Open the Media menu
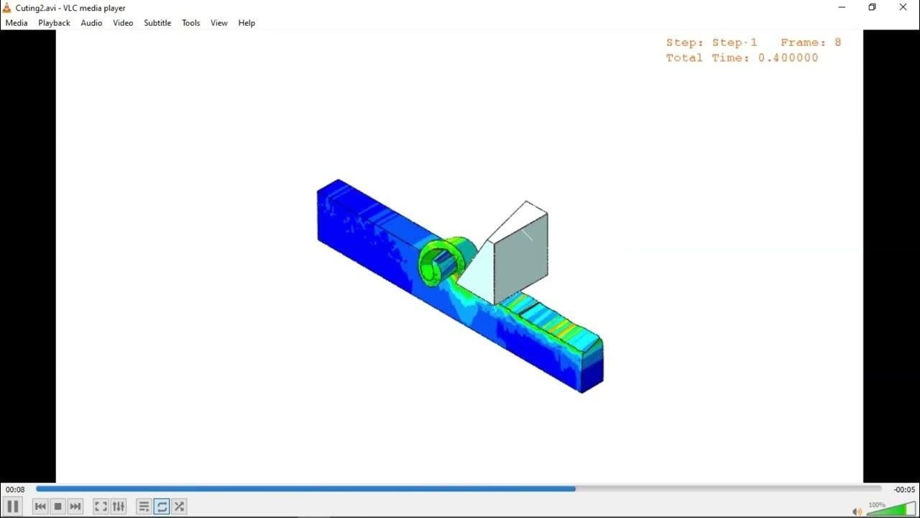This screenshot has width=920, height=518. [16, 23]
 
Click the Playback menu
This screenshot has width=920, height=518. [54, 23]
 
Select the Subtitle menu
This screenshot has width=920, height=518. [157, 23]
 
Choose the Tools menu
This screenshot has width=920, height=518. [190, 23]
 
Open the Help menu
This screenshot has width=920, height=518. [247, 23]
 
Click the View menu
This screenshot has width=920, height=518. [218, 23]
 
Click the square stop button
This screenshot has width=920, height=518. [58, 506]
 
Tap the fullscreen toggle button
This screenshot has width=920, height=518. [101, 506]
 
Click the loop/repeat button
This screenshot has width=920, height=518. [162, 506]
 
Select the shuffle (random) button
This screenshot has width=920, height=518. [180, 506]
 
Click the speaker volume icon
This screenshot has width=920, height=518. [857, 511]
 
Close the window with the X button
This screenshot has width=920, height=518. [903, 7]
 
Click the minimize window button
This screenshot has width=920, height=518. [842, 7]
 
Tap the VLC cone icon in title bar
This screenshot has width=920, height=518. [7, 8]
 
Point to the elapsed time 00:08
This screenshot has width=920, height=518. [15, 490]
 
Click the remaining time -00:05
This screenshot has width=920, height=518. [904, 490]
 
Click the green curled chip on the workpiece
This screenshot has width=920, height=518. [440, 260]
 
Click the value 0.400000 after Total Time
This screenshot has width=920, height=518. [788, 58]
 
